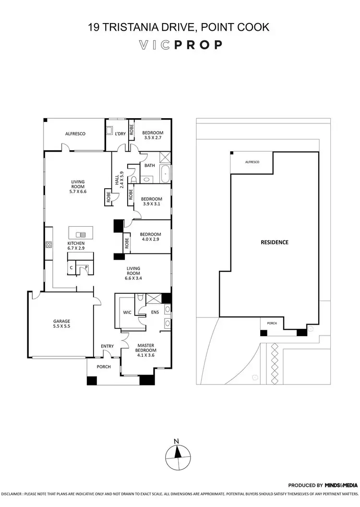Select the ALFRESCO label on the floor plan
(x=75, y=134)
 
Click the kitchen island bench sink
(x=81, y=234)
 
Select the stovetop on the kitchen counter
(x=48, y=244)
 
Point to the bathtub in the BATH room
(x=165, y=174)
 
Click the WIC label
(x=127, y=312)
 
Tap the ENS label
(x=155, y=312)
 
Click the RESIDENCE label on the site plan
(x=275, y=242)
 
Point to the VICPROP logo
(x=180, y=45)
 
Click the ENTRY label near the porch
(x=107, y=346)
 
